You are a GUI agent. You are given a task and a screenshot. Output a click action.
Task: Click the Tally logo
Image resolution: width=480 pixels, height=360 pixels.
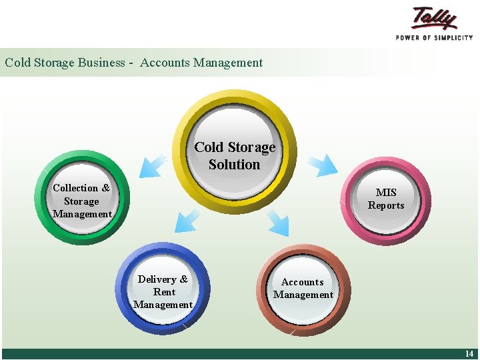click(x=434, y=18)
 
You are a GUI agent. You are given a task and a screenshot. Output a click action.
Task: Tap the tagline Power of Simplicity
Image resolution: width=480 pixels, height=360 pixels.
click(x=434, y=38)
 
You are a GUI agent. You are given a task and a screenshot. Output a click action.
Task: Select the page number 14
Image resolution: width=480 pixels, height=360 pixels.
click(x=469, y=354)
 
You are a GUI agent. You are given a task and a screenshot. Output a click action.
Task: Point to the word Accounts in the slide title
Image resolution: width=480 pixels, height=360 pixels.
click(x=165, y=63)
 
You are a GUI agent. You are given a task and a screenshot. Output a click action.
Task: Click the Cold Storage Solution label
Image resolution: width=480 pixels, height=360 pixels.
click(x=234, y=155)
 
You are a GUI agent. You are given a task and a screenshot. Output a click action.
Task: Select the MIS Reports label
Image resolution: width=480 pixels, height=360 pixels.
click(x=386, y=199)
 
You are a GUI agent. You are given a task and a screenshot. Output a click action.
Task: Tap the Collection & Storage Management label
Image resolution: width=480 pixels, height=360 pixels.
click(x=81, y=201)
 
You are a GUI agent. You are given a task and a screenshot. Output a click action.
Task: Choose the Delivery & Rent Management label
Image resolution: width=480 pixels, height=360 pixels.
click(x=163, y=292)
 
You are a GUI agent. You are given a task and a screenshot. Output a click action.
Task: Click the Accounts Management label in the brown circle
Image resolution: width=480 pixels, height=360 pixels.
click(x=303, y=288)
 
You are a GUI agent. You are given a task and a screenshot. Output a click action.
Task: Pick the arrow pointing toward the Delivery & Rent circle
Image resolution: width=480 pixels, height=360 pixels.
click(x=186, y=221)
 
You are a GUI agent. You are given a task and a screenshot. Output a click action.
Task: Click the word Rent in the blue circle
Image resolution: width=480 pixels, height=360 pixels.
click(x=164, y=292)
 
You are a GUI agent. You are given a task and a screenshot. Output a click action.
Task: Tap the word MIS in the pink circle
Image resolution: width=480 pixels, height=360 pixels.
click(x=386, y=193)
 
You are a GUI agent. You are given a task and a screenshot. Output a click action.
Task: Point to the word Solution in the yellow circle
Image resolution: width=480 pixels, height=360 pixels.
click(x=234, y=164)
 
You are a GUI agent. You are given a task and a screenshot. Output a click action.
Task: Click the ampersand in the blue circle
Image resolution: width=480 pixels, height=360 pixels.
click(x=184, y=279)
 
